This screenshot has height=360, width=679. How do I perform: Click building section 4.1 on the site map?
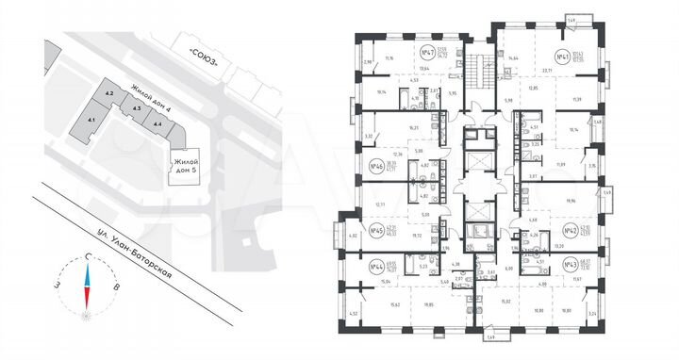tap(91, 121)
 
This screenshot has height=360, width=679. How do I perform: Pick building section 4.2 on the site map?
tap(109, 94)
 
